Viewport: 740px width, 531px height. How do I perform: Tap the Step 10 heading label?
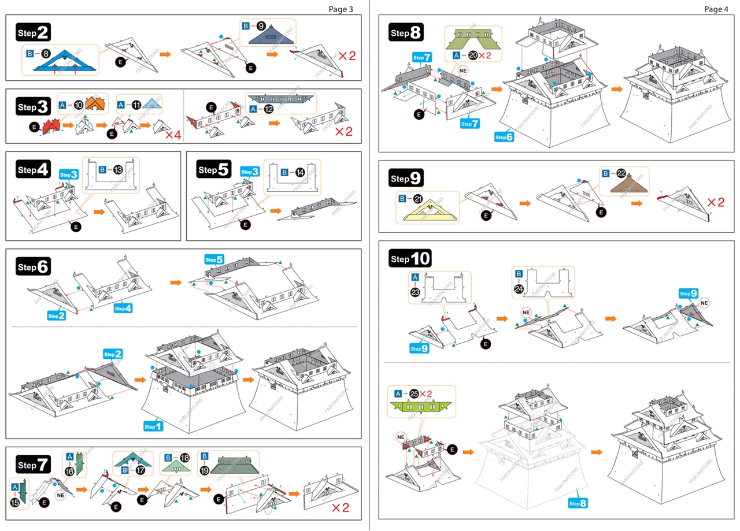click(x=410, y=259)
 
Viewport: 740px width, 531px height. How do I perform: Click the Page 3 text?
click(x=341, y=9)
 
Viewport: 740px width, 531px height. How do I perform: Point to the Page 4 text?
click(x=717, y=9)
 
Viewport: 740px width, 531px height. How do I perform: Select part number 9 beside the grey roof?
click(x=261, y=26)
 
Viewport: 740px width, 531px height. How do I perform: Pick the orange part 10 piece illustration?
click(x=95, y=104)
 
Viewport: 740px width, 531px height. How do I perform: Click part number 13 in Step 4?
click(x=118, y=170)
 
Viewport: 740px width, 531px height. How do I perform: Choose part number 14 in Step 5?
click(x=300, y=172)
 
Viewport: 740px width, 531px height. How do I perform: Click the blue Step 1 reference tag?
click(x=153, y=426)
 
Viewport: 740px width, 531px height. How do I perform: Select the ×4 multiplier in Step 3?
click(x=173, y=136)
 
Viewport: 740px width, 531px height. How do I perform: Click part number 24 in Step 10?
click(x=519, y=288)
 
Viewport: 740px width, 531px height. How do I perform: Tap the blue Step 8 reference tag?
click(x=578, y=503)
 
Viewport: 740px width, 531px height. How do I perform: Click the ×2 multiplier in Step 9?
click(x=715, y=203)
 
